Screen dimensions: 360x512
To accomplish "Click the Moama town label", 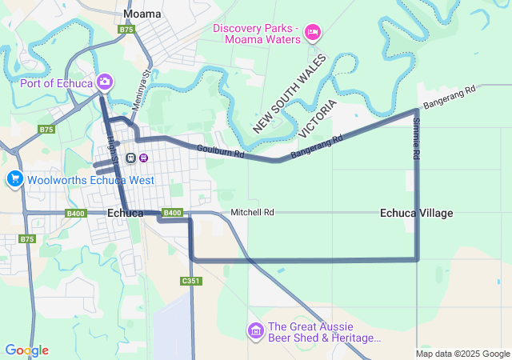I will pyautogui.click(x=142, y=14).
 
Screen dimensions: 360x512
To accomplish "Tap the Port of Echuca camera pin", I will pyautogui.click(x=105, y=82).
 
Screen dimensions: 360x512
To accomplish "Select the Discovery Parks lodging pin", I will pyautogui.click(x=313, y=32).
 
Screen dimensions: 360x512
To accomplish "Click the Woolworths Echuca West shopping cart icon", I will pyautogui.click(x=14, y=179).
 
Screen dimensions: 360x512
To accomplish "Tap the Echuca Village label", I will pyautogui.click(x=416, y=213).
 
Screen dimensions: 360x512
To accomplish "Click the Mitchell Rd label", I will pyautogui.click(x=252, y=213).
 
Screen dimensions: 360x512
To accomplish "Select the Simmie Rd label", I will pyautogui.click(x=416, y=140).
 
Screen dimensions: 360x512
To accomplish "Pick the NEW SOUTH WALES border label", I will pyautogui.click(x=290, y=94).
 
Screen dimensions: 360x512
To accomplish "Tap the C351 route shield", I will pyautogui.click(x=190, y=281).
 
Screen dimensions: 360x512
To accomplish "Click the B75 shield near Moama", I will pyautogui.click(x=126, y=30).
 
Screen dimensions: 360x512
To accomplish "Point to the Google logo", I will pyautogui.click(x=26, y=350).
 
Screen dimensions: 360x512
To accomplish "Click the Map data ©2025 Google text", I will pyautogui.click(x=462, y=354).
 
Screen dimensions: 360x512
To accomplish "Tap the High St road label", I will pyautogui.click(x=112, y=150).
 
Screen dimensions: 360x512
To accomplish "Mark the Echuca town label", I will pyautogui.click(x=125, y=213).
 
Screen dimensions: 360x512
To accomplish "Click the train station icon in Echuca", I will pyautogui.click(x=130, y=157).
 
